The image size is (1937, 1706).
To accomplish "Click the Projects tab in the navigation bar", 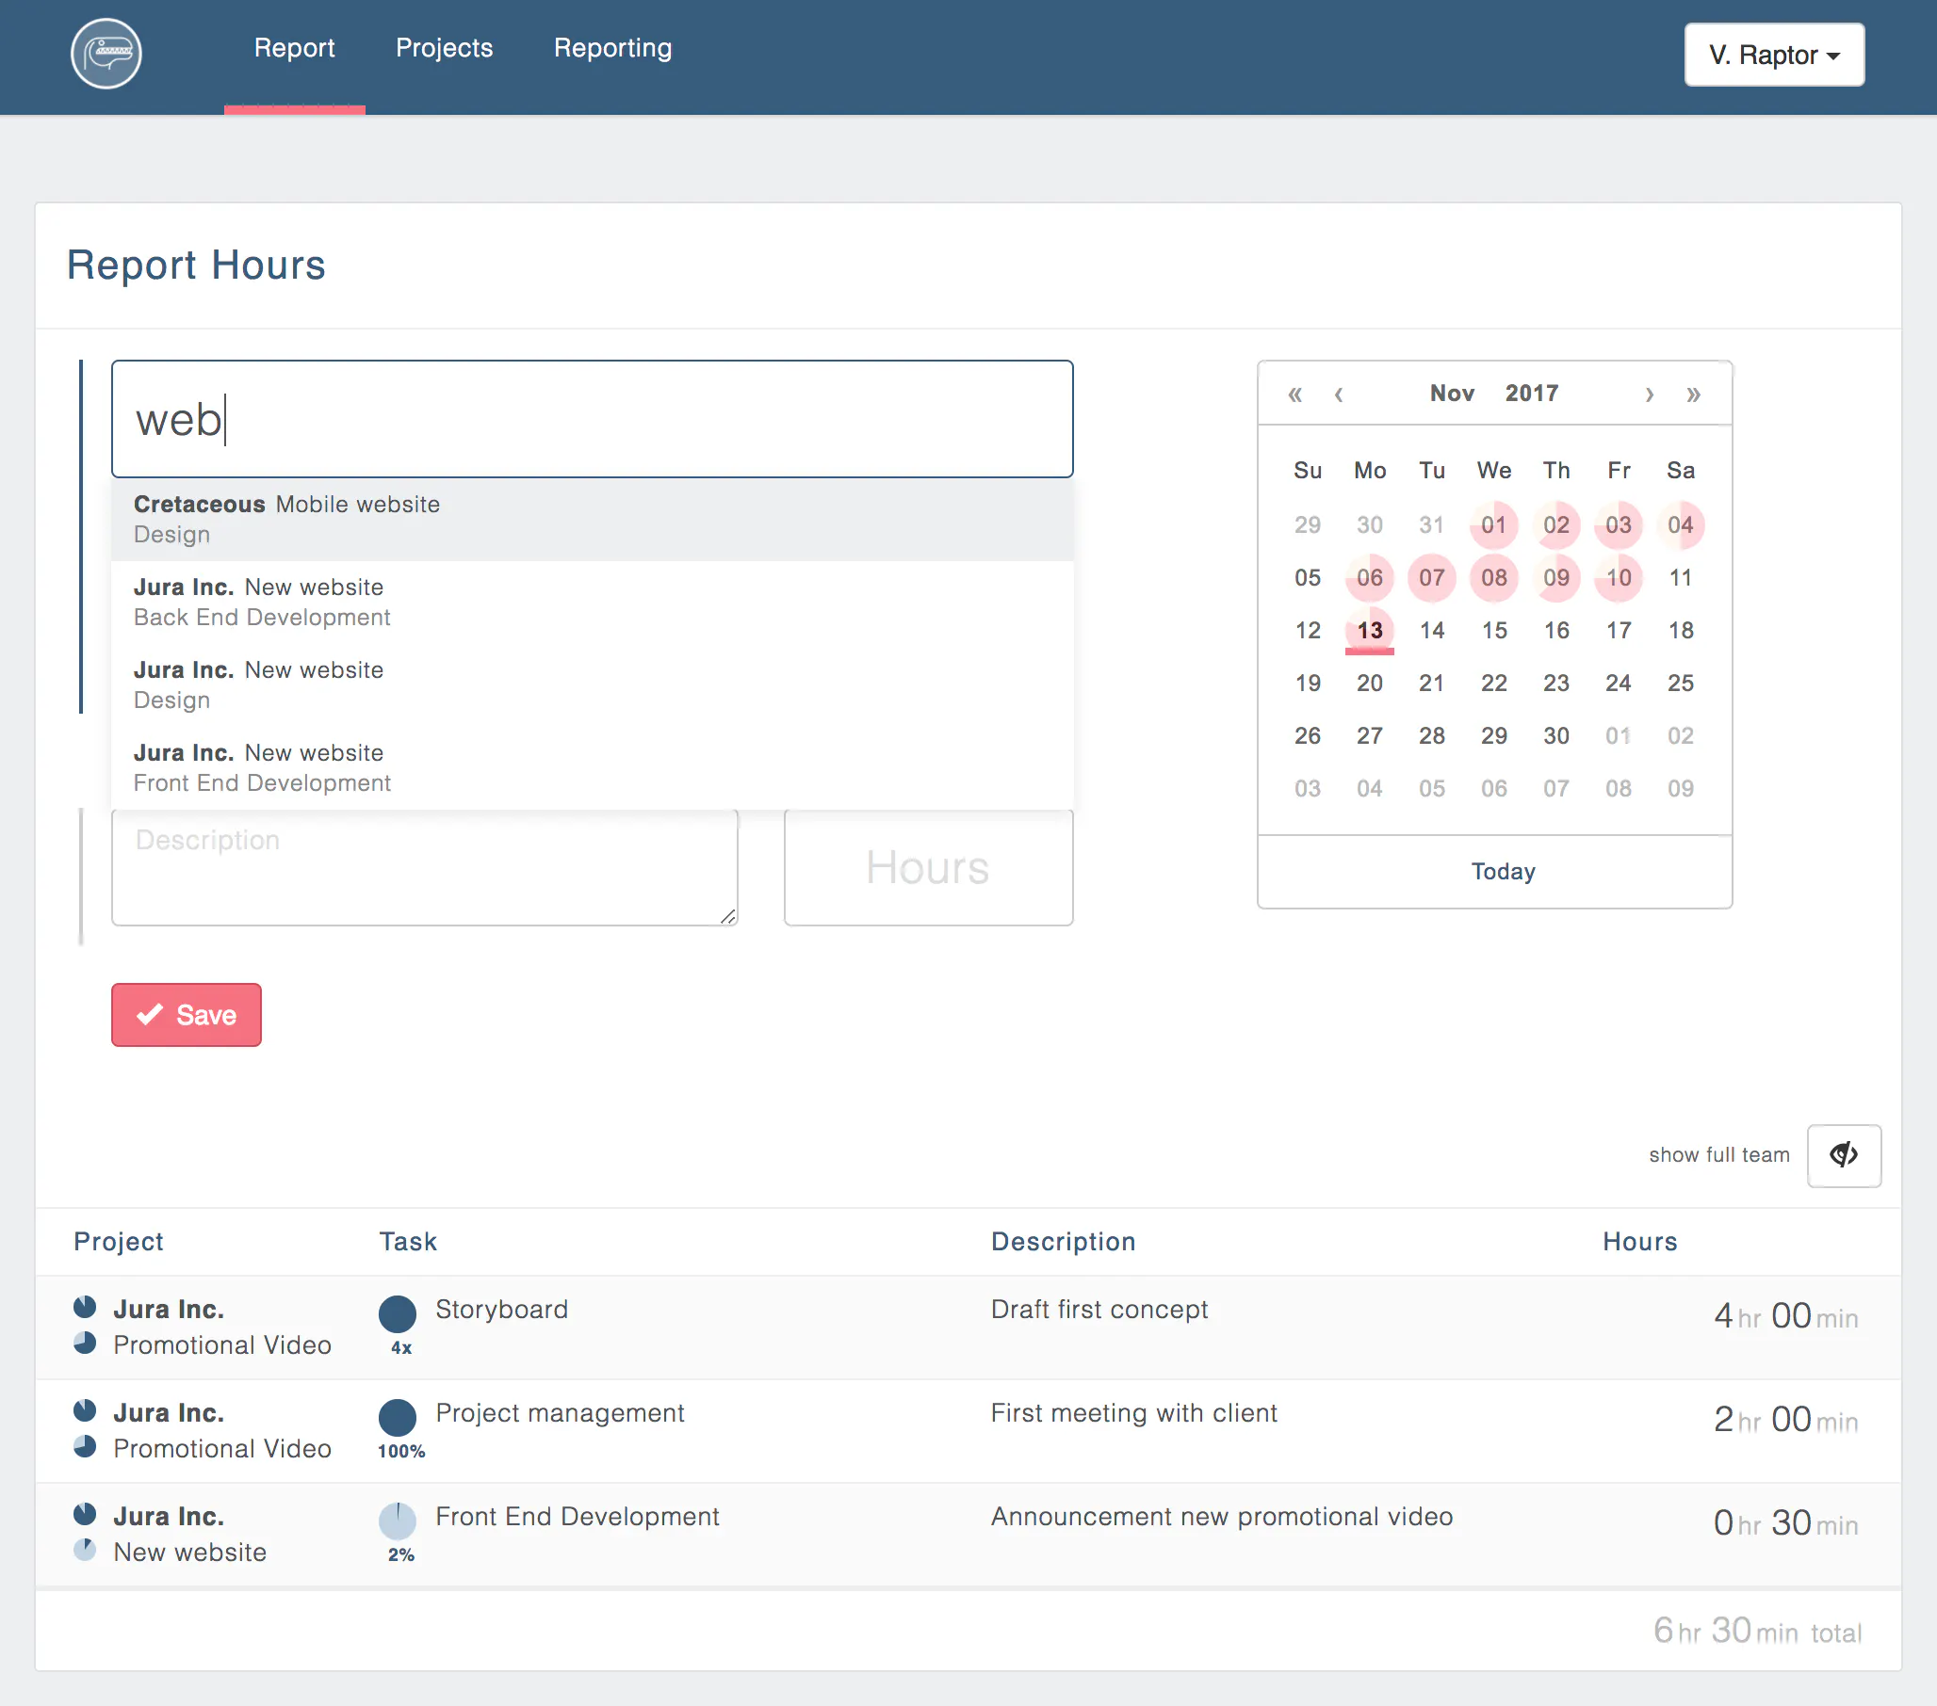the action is (445, 48).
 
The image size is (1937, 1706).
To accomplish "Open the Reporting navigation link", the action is (613, 48).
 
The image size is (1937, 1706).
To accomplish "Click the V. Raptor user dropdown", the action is (1774, 55).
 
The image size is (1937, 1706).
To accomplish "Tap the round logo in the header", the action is (106, 54).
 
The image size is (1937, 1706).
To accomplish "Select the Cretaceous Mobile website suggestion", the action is (593, 519).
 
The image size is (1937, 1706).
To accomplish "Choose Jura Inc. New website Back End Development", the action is (593, 603).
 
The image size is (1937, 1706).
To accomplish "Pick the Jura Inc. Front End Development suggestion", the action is (593, 768).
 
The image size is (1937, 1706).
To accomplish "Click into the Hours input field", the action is (929, 867).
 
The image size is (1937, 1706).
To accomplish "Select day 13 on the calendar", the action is (1369, 630).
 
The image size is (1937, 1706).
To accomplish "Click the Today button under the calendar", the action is (1503, 872).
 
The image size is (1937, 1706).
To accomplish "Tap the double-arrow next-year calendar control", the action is (1693, 394).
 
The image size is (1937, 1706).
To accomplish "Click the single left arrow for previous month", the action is (1338, 394).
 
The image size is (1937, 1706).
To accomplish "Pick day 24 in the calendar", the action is (1618, 683).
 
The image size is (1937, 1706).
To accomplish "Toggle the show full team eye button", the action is (1843, 1155).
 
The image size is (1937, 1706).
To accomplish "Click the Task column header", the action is (408, 1242).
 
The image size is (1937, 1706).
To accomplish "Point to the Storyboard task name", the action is (501, 1309).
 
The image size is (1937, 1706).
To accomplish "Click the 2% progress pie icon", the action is (397, 1521).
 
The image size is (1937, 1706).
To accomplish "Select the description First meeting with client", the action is (1133, 1413).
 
